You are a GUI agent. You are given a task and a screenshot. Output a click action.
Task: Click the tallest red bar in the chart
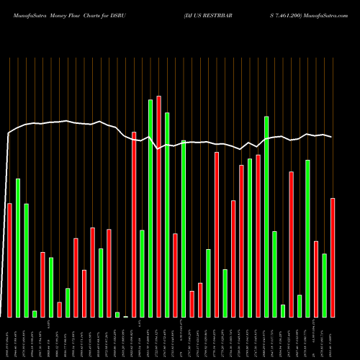click(158, 206)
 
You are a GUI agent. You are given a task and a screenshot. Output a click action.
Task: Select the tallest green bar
click(150, 208)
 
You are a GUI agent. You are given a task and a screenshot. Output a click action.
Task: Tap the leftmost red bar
click(9, 260)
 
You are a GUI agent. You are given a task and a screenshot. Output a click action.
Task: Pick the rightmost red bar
click(333, 257)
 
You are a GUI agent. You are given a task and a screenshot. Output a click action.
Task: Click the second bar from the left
click(18, 248)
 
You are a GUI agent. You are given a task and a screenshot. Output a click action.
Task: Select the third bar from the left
click(26, 260)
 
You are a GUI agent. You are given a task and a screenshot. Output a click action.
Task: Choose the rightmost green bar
click(324, 285)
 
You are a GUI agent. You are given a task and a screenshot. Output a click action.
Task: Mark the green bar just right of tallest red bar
click(167, 215)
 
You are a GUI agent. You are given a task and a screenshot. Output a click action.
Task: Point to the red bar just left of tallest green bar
click(134, 224)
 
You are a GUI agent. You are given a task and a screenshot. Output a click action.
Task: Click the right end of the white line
click(332, 137)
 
